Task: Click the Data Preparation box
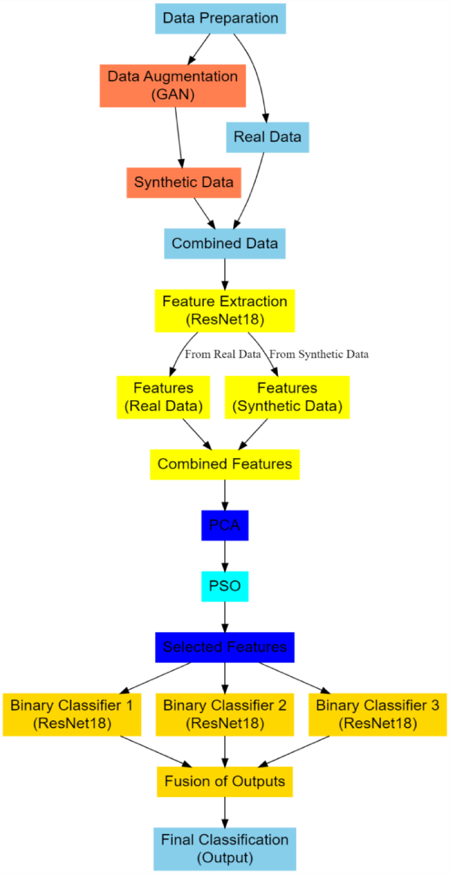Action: point(220,18)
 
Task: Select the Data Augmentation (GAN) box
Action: point(173,85)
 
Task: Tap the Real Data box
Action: point(267,137)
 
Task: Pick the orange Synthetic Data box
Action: point(183,182)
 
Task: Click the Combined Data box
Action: point(225,243)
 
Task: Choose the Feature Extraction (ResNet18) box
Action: point(225,311)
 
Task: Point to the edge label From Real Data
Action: point(223,354)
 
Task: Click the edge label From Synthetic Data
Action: point(319,354)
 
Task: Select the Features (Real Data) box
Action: point(163,397)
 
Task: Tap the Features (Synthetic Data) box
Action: point(287,397)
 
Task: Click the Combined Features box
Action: point(225,464)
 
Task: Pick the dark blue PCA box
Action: point(225,525)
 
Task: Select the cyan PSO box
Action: point(225,586)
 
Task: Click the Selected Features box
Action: point(225,647)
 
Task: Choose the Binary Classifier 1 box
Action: point(72,714)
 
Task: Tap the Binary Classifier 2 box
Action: point(225,714)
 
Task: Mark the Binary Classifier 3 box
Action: point(377,714)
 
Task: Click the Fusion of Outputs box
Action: point(225,782)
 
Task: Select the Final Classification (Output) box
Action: point(225,848)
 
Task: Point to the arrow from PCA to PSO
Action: point(225,555)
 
